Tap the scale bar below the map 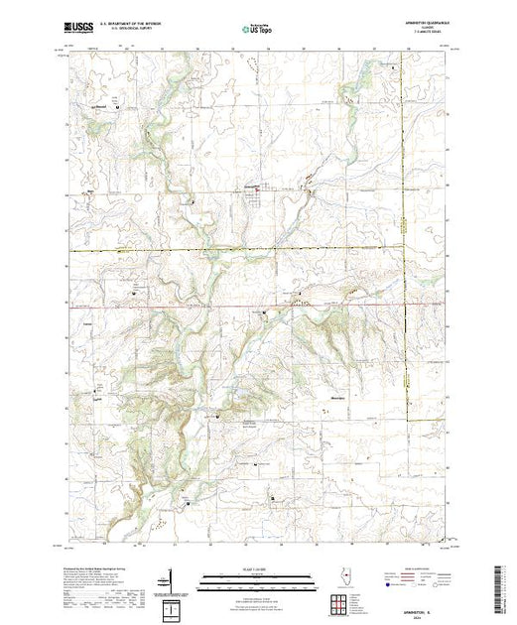pyautogui.click(x=248, y=581)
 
